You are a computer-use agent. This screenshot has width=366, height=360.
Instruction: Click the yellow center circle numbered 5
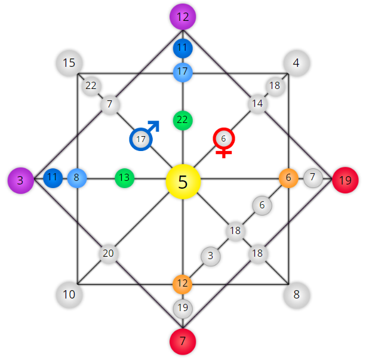point(183,181)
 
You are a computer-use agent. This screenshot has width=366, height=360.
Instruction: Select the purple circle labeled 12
point(183,17)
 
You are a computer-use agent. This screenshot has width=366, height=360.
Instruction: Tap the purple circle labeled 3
point(21,180)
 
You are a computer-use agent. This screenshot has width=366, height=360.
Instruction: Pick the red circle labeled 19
point(345,180)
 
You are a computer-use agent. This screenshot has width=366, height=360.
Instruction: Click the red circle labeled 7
point(183,341)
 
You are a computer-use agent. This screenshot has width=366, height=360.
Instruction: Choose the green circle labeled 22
point(183,120)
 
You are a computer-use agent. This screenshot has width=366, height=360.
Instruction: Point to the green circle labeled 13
point(124,178)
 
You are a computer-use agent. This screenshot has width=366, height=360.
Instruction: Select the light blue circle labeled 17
point(183,72)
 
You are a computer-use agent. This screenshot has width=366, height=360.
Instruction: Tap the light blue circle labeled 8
point(77,178)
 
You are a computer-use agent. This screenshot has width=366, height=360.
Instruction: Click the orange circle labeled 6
point(288,178)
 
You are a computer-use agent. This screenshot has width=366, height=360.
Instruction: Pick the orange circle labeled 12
point(182,284)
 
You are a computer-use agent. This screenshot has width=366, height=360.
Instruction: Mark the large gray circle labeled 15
point(69,63)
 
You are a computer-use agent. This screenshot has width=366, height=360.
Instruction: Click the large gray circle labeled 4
point(296,63)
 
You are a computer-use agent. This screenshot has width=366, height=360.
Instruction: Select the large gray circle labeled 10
point(69,295)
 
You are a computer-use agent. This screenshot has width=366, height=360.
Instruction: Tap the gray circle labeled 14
point(257,104)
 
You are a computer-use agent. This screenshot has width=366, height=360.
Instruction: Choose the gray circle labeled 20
point(109,254)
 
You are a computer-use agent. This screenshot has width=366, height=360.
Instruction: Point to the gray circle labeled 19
point(183,309)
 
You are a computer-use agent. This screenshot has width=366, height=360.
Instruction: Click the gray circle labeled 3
point(211,256)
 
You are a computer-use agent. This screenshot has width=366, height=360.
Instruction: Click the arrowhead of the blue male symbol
point(155,125)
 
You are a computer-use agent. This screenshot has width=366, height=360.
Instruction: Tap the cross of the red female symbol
point(224,153)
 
